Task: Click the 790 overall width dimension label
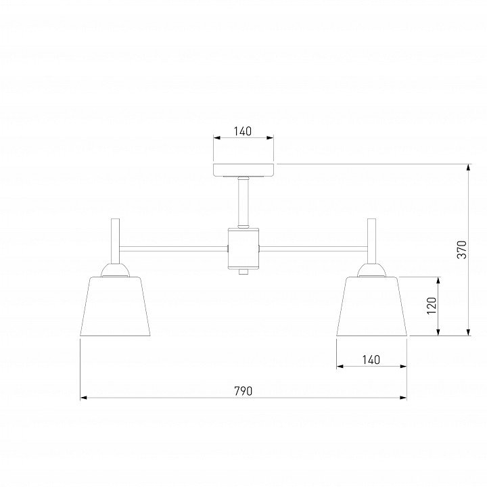(243, 391)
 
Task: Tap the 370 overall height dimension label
(462, 250)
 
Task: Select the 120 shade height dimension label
(432, 306)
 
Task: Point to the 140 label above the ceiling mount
(243, 131)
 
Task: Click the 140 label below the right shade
(371, 360)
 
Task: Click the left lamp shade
(115, 306)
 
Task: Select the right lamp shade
(372, 306)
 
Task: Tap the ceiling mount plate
(243, 170)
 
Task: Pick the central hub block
(243, 248)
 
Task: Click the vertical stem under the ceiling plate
(243, 202)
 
